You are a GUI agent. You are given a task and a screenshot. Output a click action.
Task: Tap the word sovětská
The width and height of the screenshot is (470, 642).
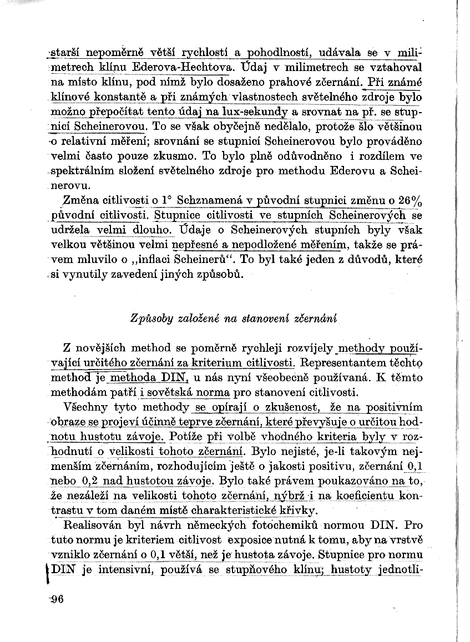pyautogui.click(x=165, y=393)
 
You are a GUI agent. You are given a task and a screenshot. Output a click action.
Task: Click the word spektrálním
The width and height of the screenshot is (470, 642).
pyautogui.click(x=82, y=171)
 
